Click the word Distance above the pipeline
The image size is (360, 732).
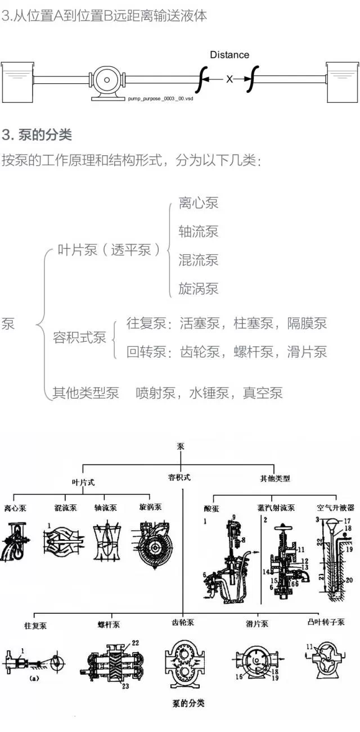[229, 55]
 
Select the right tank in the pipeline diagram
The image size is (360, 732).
[342, 82]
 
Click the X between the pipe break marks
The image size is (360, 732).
[229, 80]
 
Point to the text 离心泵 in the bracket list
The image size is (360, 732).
[198, 203]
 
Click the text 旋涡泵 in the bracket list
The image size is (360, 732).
[198, 290]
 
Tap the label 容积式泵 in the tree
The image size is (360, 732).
[79, 338]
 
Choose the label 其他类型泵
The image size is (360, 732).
[85, 393]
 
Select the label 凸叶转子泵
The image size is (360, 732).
[325, 622]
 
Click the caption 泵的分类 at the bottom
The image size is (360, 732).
[188, 703]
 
